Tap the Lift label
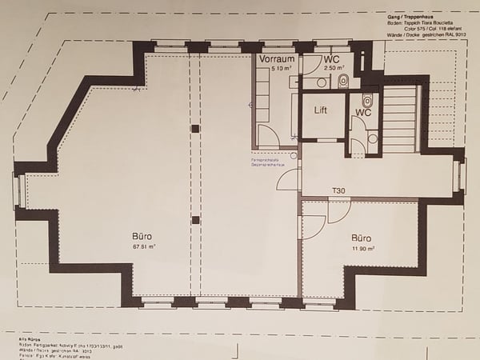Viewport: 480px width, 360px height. coord(321,110)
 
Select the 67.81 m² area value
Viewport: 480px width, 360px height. coord(144,247)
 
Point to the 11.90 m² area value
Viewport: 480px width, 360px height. coord(364,249)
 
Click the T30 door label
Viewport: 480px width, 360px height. coord(340,191)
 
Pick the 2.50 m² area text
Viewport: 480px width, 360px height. coord(334,70)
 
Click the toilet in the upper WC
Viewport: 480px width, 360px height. coord(343,81)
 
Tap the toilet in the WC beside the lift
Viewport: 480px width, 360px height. coord(366,101)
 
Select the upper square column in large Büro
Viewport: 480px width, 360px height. coord(194,129)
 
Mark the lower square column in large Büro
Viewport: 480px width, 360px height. coord(194,220)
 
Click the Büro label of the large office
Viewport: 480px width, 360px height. coord(144,237)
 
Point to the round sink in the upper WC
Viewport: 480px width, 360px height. coord(322,82)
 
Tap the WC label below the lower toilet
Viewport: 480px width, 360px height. coord(362,113)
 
